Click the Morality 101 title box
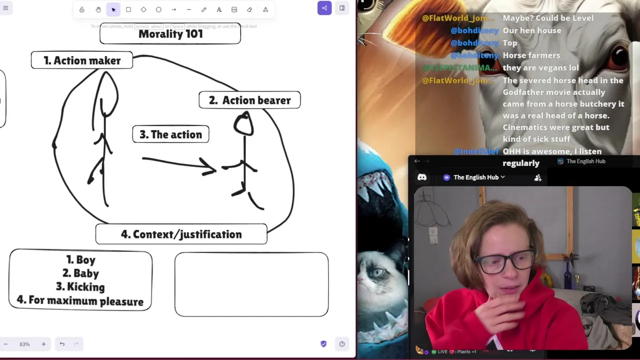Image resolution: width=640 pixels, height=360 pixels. (170, 34)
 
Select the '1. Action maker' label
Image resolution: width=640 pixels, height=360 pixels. (82, 60)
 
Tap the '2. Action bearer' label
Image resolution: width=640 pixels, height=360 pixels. (249, 100)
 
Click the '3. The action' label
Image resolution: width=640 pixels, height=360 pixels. (170, 134)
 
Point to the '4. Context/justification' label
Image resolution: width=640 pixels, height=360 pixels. (181, 234)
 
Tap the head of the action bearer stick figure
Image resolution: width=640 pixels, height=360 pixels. (243, 124)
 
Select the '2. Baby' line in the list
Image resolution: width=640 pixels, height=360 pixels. (80, 273)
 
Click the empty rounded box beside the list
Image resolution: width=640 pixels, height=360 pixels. (251, 284)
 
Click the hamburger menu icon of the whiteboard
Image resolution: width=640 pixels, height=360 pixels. (5, 8)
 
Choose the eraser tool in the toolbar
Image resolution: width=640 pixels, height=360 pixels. (249, 9)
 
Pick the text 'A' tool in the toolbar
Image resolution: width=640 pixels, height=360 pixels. (219, 9)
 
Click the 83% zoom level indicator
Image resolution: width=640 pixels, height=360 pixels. (24, 344)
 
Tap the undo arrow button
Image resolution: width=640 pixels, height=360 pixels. (62, 344)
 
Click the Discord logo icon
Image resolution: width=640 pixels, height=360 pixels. (422, 177)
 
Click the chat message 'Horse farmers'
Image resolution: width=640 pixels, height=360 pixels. (531, 55)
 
